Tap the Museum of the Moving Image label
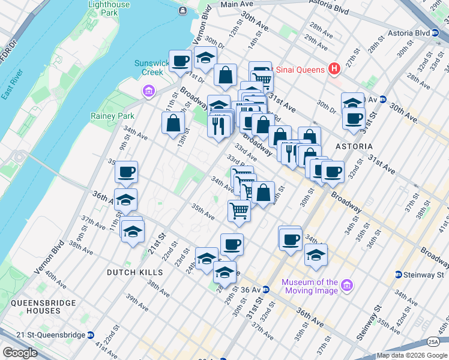310,286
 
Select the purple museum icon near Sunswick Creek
148,91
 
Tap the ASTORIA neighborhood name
354,146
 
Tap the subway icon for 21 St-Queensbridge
91,335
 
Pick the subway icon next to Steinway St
398,275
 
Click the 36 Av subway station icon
265,290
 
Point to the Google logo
20,353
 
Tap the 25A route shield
433,341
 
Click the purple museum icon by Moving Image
346,285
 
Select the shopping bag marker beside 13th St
173,123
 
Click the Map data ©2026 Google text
412,355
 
